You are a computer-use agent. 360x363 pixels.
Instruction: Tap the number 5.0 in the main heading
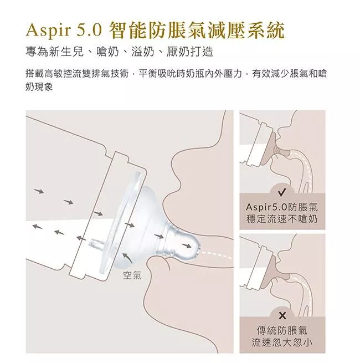click(89, 30)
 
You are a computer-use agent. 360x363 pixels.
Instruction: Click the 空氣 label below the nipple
click(132, 275)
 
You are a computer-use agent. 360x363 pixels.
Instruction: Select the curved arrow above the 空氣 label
click(127, 258)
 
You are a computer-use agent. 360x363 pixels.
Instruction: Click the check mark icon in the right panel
click(282, 192)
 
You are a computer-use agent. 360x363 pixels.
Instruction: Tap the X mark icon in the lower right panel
click(282, 315)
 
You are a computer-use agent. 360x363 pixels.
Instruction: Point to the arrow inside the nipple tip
click(187, 246)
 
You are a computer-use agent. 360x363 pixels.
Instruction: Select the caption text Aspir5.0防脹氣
click(282, 207)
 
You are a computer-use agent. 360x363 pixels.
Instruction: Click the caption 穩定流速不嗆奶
click(282, 219)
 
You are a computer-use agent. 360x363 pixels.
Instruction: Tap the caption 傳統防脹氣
click(282, 330)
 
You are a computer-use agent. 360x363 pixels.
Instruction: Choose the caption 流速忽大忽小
click(282, 342)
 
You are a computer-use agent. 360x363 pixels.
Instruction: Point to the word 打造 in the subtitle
click(201, 52)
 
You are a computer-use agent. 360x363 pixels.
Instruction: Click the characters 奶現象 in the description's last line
click(39, 87)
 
